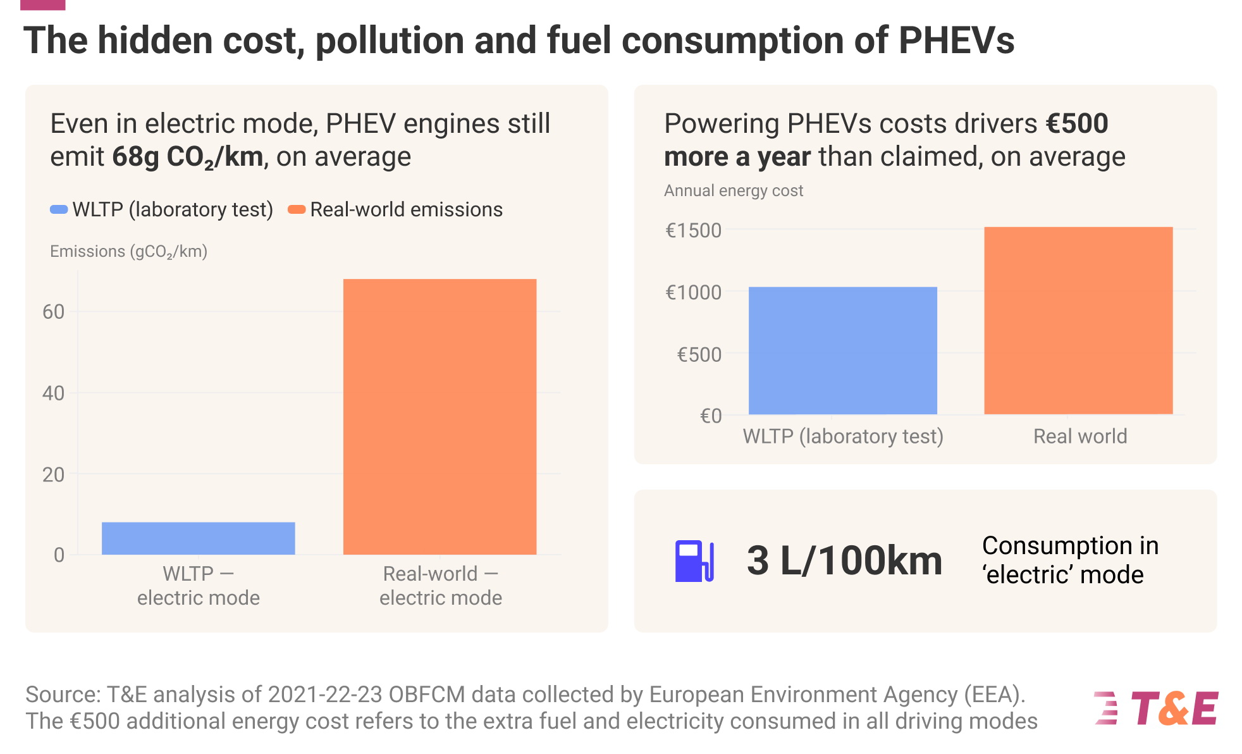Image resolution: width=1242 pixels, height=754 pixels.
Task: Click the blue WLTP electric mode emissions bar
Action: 198,538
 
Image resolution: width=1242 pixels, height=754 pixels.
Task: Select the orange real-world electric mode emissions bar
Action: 440,417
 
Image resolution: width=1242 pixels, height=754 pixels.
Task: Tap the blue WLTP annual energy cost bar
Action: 842,350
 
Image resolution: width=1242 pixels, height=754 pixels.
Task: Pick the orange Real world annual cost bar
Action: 1078,321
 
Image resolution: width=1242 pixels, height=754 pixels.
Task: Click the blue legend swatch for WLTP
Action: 59,209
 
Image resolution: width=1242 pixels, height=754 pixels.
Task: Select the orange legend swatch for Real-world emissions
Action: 297,209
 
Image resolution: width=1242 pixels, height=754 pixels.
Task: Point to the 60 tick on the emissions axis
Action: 54,312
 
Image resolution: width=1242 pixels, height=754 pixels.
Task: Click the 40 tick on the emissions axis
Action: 54,393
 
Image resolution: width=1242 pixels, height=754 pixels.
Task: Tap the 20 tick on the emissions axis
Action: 54,474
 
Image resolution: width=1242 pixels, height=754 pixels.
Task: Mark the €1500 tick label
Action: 693,230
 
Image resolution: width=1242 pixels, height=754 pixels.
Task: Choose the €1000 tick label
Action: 693,292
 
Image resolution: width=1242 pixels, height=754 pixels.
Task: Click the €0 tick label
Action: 710,416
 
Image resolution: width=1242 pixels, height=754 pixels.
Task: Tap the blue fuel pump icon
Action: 694,561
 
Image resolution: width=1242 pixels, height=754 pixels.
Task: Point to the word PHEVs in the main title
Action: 956,40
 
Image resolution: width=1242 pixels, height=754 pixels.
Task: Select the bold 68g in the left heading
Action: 135,156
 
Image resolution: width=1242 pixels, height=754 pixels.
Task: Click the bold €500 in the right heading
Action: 1076,123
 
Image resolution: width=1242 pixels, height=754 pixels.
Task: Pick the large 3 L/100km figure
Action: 844,560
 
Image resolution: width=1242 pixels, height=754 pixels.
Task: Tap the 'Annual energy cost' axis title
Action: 733,190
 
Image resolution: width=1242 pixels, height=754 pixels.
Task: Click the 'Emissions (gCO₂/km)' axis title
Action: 128,252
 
